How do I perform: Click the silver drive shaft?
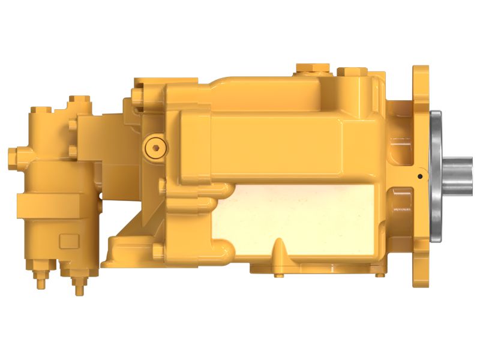[x=458, y=175]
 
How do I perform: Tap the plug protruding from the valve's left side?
[x=13, y=157]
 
